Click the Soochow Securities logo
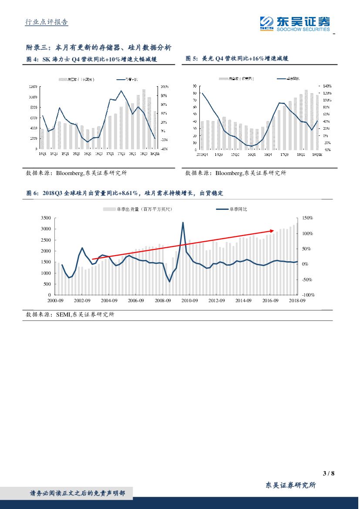[x=294, y=23]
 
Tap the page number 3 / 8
[x=329, y=473]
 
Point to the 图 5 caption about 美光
[x=237, y=58]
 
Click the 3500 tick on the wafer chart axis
[x=46, y=218]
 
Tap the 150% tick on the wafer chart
[x=308, y=218]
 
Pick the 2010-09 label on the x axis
[x=190, y=300]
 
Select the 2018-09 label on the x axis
[x=297, y=300]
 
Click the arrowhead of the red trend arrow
[x=273, y=230]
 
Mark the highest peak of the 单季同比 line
[x=182, y=222]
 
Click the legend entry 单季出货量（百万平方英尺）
[x=138, y=209]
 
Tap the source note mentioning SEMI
[x=70, y=314]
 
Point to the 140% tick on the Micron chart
[x=327, y=86]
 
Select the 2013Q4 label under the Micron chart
[x=202, y=154]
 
